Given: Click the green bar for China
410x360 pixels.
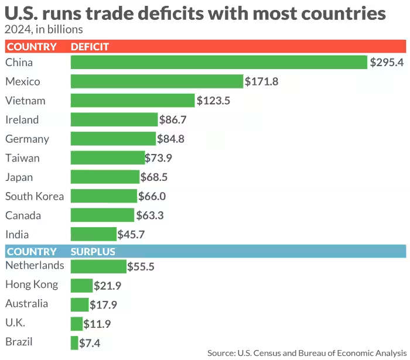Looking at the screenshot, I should pyautogui.click(x=218, y=63).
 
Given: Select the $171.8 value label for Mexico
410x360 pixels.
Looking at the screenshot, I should pyautogui.click(x=261, y=81).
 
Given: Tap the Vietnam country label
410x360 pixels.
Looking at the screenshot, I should pyautogui.click(x=25, y=101).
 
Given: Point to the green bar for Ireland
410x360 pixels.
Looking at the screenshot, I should pyautogui.click(x=114, y=120).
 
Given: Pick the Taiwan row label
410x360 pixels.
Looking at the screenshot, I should pyautogui.click(x=23, y=158).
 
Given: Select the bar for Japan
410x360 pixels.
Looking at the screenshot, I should pyautogui.click(x=105, y=177).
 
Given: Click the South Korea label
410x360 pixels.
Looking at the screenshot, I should pyautogui.click(x=35, y=196).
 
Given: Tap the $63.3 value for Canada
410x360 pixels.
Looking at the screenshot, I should pyautogui.click(x=151, y=215).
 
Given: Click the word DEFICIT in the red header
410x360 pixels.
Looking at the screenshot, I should pyautogui.click(x=90, y=47).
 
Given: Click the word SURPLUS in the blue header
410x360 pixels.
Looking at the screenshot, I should pyautogui.click(x=93, y=252).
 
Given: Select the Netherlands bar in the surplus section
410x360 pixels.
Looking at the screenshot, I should pyautogui.click(x=98, y=266).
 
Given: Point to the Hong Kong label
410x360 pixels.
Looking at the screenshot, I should pyautogui.click(x=32, y=284).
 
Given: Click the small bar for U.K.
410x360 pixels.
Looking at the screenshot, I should pyautogui.click(x=77, y=324).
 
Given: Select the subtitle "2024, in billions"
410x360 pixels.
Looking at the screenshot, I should pyautogui.click(x=44, y=29).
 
